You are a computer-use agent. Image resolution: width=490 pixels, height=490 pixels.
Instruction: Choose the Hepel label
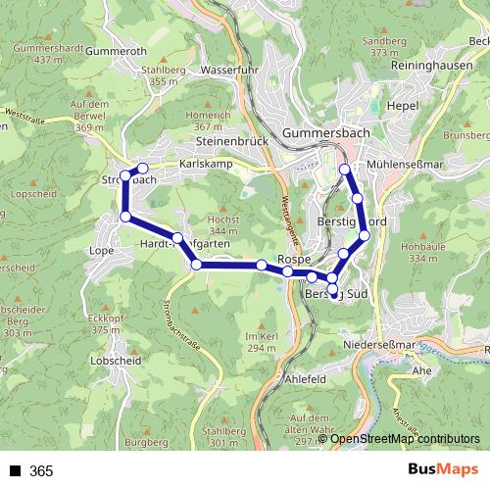click(403, 106)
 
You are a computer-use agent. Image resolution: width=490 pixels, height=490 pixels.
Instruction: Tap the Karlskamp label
click(206, 164)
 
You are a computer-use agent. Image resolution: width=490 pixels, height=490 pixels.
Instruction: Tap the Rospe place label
click(294, 259)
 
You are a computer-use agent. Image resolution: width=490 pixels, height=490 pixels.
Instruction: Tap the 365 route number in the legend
click(41, 471)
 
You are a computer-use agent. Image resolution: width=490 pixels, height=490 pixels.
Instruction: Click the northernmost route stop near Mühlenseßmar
click(344, 170)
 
